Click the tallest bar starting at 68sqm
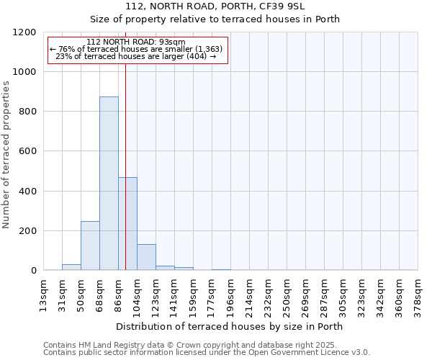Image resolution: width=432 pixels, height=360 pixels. [109, 184]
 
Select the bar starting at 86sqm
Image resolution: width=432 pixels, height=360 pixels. [127, 224]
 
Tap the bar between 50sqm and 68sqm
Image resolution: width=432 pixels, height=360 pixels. [90, 246]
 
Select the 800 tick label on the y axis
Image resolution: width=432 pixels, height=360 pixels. [26, 112]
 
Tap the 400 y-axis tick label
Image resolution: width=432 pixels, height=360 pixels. [26, 192]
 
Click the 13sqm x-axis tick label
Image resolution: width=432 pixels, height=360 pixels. [44, 294]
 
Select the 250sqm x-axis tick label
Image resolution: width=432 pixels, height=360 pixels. [287, 294]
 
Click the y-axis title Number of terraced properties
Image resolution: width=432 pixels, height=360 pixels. [6, 155]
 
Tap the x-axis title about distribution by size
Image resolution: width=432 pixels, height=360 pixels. [230, 326]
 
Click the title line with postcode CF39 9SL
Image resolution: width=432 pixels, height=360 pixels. [215, 6]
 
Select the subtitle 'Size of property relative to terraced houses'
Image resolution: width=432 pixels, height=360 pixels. [215, 19]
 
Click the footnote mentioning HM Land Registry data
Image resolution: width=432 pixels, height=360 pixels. [194, 345]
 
